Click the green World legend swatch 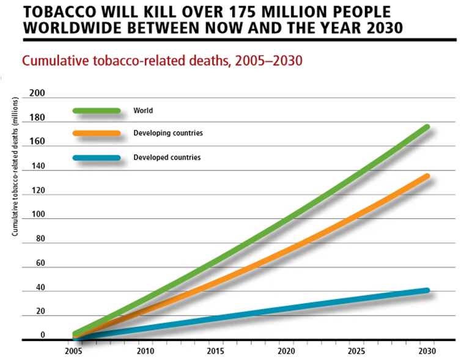click(97, 111)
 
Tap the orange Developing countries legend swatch click(97, 133)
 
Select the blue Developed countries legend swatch click(97, 158)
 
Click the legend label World click(143, 111)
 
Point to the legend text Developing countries click(168, 133)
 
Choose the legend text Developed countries click(167, 158)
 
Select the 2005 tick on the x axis click(73, 351)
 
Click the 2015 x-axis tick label click(215, 351)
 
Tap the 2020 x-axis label click(286, 351)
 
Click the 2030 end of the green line click(426, 127)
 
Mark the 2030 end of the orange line click(426, 176)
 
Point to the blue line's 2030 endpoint click(426, 290)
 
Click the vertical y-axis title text click(15, 175)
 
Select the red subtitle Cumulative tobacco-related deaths click(163, 62)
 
